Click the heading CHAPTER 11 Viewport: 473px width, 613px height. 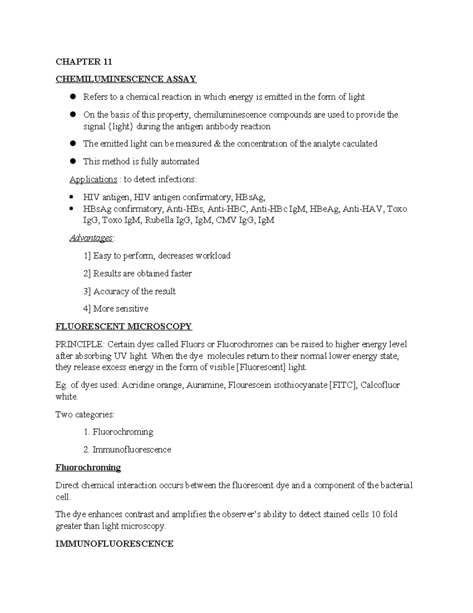[84, 62]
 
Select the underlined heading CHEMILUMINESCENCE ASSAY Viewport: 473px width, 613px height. [126, 79]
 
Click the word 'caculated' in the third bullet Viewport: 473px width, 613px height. [360, 144]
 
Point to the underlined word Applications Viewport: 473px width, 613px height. [93, 179]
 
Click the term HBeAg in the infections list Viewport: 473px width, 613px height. [324, 209]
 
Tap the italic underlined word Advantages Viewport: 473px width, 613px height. [91, 238]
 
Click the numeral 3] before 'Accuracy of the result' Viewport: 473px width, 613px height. [87, 291]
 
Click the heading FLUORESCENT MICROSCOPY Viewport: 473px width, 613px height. [123, 326]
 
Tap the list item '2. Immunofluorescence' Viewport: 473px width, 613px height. [127, 450]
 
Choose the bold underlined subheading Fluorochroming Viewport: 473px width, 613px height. [88, 467]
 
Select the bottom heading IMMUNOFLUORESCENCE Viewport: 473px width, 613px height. [114, 544]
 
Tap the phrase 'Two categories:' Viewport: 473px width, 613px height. [85, 414]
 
